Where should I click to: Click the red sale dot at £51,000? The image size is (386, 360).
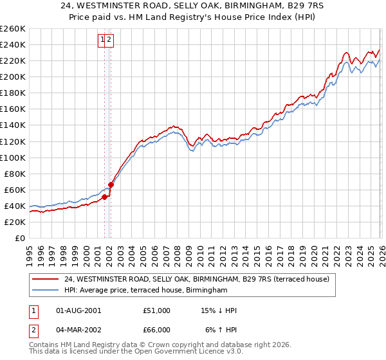[x=104, y=197]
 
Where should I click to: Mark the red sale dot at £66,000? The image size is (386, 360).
[x=111, y=184]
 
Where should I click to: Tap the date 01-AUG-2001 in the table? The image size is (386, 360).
[x=78, y=310]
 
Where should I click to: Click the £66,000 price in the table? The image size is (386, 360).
[x=156, y=330]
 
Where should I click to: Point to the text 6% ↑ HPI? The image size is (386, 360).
[x=220, y=330]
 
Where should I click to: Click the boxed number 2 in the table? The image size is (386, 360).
[x=33, y=330]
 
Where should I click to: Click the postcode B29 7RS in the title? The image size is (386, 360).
[x=288, y=6]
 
